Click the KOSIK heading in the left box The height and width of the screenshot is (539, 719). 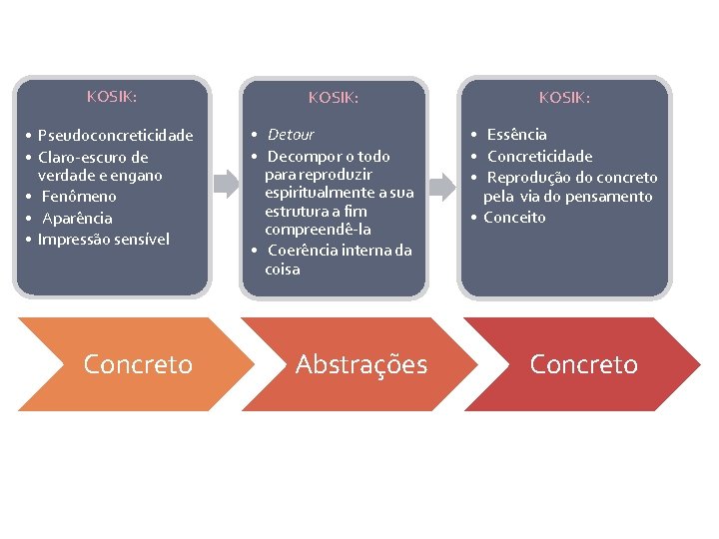(x=112, y=97)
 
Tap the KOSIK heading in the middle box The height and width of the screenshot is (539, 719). (x=334, y=98)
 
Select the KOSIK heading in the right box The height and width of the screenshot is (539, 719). (x=564, y=98)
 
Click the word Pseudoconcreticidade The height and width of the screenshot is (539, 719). (x=115, y=136)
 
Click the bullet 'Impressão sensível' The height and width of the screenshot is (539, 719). (x=104, y=239)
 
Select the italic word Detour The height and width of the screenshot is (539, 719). (x=291, y=135)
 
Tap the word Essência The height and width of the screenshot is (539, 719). (x=517, y=135)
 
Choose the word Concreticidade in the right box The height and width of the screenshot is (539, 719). (x=539, y=156)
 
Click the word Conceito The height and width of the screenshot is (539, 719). (x=515, y=217)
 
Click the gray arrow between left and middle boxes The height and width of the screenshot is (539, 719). (x=227, y=183)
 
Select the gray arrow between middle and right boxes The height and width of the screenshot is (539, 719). (x=440, y=185)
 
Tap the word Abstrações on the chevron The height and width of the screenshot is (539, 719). (x=361, y=364)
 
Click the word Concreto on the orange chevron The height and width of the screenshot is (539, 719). (x=138, y=364)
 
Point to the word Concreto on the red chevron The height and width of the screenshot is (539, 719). (x=583, y=364)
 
